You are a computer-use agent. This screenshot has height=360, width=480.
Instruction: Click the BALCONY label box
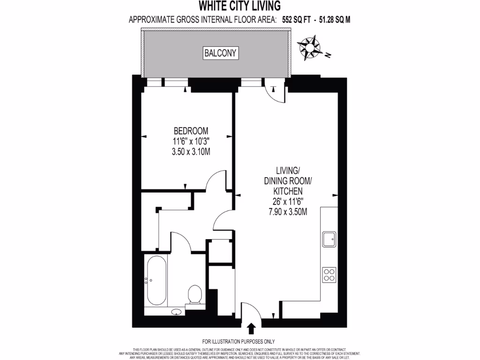[x=220, y=53]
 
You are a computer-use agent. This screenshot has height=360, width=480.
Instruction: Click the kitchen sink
[x=329, y=240]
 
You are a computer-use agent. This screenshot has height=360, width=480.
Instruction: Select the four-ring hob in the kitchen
[x=329, y=274]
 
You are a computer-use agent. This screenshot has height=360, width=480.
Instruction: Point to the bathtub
[x=156, y=280]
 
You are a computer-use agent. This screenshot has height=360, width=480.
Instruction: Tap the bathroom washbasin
[x=177, y=311]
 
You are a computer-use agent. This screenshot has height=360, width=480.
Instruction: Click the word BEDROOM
[x=191, y=131]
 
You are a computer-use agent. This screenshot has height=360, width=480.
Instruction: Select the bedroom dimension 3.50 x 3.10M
[x=191, y=151]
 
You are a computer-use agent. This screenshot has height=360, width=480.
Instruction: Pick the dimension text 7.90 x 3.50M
[x=288, y=211]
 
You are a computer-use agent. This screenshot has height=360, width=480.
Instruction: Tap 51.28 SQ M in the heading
[x=335, y=20]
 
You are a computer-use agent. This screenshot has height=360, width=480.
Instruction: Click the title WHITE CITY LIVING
[x=240, y=6]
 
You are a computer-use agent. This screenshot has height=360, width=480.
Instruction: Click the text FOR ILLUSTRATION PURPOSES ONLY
[x=239, y=341]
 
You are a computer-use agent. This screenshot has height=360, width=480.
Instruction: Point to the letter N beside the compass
[x=328, y=56]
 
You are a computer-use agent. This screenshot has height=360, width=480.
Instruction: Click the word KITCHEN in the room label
[x=288, y=191]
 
